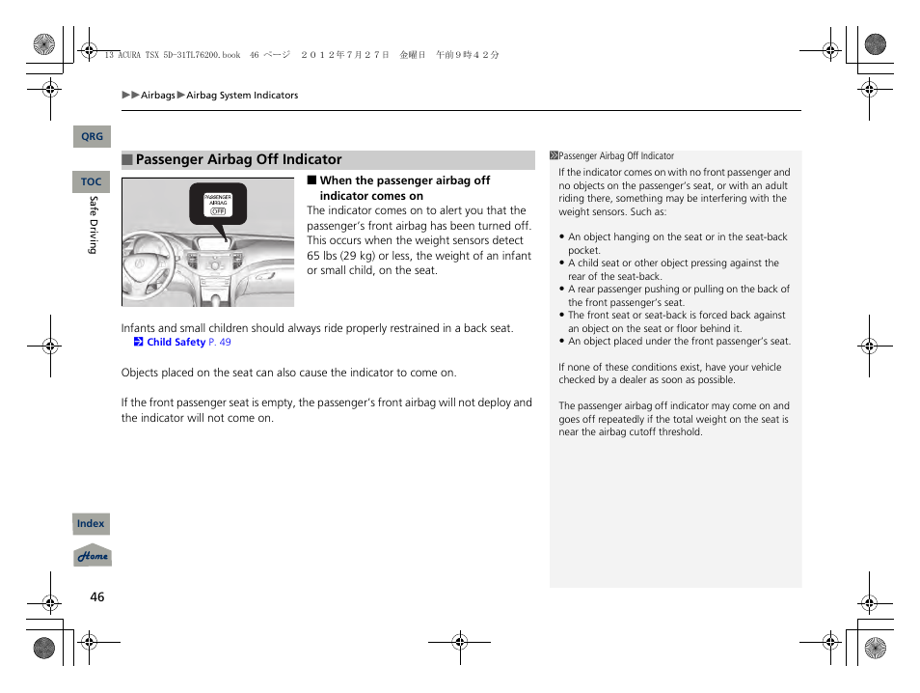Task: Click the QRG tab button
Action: click(92, 137)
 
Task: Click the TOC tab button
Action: click(92, 181)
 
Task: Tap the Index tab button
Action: click(92, 524)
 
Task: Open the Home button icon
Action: click(94, 557)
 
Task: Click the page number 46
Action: click(96, 596)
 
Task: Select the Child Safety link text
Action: click(176, 342)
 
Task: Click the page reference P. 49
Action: click(220, 342)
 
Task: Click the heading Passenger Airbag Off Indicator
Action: click(238, 160)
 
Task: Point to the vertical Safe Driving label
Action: click(94, 225)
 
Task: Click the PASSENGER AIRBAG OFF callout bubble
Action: click(218, 204)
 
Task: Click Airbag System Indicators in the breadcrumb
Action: click(242, 96)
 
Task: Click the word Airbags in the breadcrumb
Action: click(158, 96)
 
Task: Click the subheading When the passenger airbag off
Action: click(404, 180)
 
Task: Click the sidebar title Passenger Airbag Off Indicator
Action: click(616, 155)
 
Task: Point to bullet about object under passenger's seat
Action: click(679, 341)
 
